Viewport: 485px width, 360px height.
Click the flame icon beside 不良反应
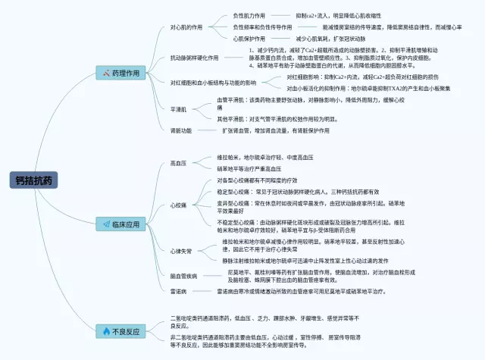105,331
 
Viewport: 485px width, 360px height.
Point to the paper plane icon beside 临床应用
105,224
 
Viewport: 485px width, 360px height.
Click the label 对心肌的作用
186,27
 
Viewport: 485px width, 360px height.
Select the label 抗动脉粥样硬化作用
194,58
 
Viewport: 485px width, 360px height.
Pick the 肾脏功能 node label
181,130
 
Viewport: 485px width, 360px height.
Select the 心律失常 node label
181,250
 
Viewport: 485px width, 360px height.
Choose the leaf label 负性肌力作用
249,15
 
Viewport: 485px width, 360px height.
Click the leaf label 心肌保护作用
249,38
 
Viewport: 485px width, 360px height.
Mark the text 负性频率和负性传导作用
263,27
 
